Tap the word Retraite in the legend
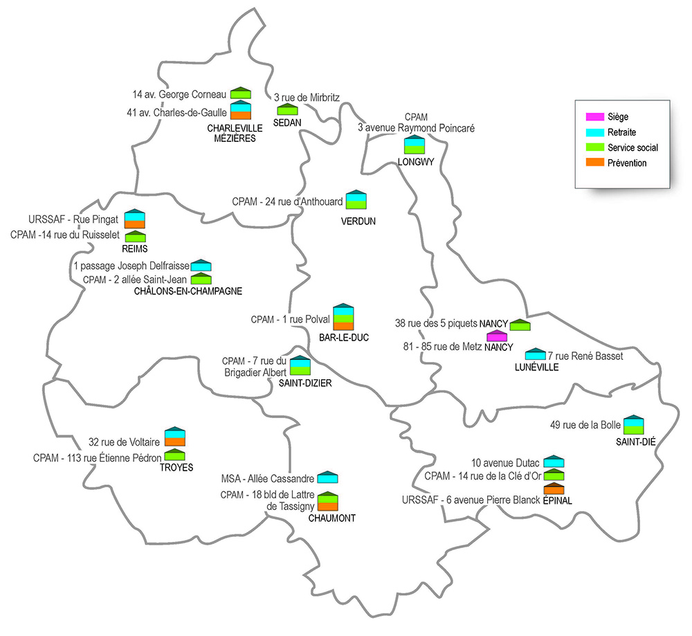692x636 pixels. (621, 132)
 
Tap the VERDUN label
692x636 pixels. (358, 221)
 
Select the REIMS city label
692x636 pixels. (136, 248)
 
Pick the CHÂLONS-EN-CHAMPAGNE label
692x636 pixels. (188, 291)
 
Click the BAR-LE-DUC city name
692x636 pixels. (344, 337)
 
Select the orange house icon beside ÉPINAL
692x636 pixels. (554, 489)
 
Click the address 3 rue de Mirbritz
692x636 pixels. (307, 98)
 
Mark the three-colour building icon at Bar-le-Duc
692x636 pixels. (344, 316)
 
